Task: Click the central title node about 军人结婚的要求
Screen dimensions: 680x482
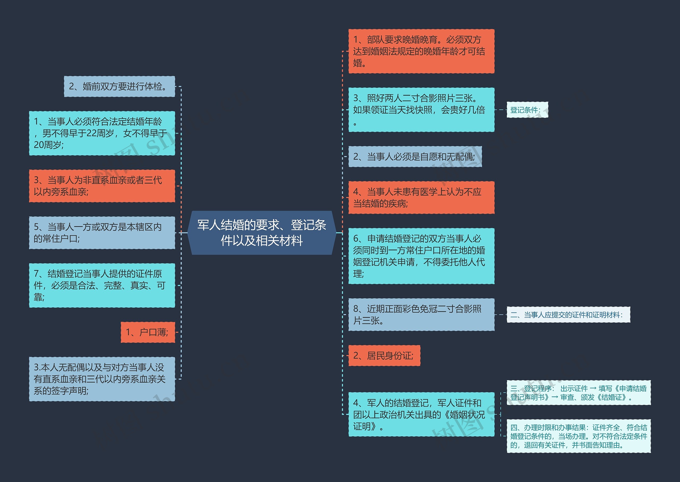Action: coord(262,233)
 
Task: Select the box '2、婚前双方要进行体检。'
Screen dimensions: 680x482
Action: coord(120,86)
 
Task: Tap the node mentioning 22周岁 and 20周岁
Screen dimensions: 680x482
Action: coord(102,133)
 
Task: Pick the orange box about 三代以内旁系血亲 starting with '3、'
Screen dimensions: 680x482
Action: coord(102,186)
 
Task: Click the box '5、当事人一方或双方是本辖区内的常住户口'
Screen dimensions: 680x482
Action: coord(102,233)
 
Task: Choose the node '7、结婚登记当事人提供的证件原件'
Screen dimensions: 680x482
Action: coord(102,285)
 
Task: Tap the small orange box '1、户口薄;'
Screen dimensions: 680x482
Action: coord(148,332)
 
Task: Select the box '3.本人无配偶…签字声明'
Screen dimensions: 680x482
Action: coord(102,379)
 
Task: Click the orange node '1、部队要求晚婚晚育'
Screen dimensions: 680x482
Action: coord(421,51)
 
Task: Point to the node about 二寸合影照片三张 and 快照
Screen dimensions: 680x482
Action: coord(421,110)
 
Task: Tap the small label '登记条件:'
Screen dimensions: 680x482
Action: coord(527,110)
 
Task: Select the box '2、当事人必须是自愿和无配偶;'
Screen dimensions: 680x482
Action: coord(415,157)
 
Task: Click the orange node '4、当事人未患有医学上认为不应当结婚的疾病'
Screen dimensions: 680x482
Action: coord(421,197)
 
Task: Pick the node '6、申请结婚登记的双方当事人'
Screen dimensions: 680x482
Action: coord(421,256)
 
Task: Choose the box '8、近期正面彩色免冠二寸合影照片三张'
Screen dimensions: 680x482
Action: coord(421,315)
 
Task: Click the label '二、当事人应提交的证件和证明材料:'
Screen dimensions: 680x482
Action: coord(568,315)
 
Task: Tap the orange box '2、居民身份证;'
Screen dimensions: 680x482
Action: coord(384,355)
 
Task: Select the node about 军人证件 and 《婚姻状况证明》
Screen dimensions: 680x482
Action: coord(421,414)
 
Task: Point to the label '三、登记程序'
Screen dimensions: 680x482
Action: coord(578,393)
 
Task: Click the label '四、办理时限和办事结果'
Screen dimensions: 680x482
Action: coord(578,436)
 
